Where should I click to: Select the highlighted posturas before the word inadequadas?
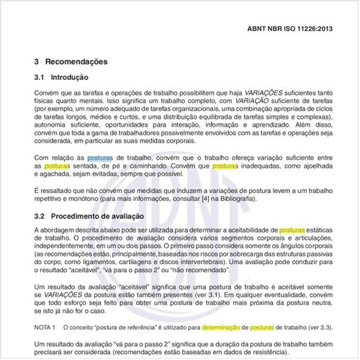225,166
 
